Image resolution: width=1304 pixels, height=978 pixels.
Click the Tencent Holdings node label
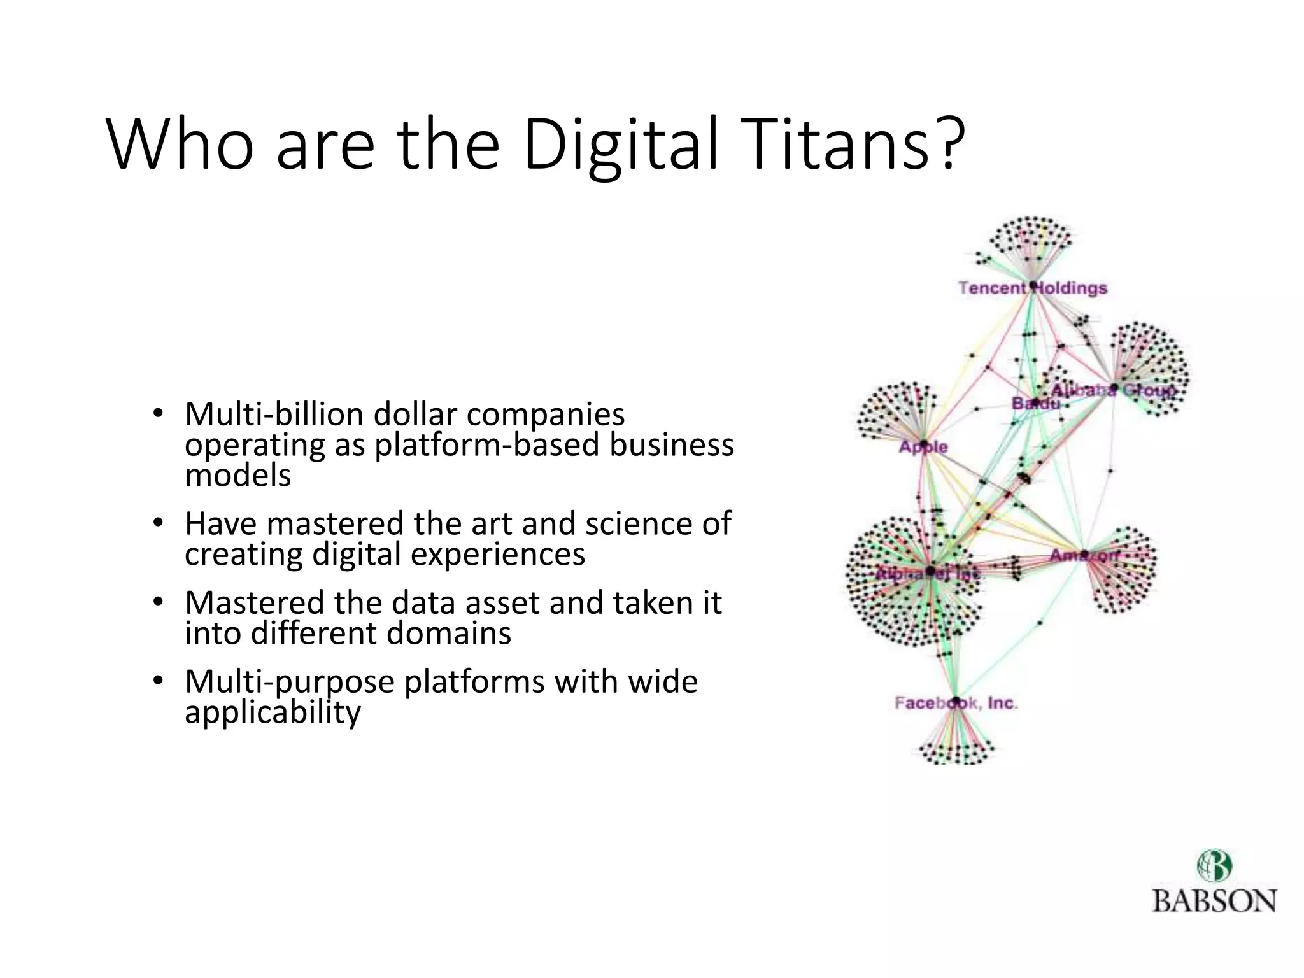pyautogui.click(x=1033, y=288)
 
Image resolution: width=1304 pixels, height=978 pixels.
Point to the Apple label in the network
pyautogui.click(x=923, y=447)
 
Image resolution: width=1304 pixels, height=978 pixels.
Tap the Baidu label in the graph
pyautogui.click(x=1035, y=404)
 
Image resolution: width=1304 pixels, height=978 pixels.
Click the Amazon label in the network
pyautogui.click(x=1084, y=555)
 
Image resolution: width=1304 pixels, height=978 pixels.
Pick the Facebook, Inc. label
pyautogui.click(x=956, y=703)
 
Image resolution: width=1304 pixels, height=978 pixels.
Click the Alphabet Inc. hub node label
pyautogui.click(x=928, y=572)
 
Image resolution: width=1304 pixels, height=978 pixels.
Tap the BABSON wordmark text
pyautogui.click(x=1214, y=902)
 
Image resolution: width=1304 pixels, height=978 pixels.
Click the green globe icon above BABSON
pyautogui.click(x=1214, y=866)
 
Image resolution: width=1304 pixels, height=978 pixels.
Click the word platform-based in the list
pyautogui.click(x=486, y=445)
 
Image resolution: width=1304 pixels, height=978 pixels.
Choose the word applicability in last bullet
pyautogui.click(x=273, y=712)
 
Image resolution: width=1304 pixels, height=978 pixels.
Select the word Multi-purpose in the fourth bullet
pyautogui.click(x=289, y=682)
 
